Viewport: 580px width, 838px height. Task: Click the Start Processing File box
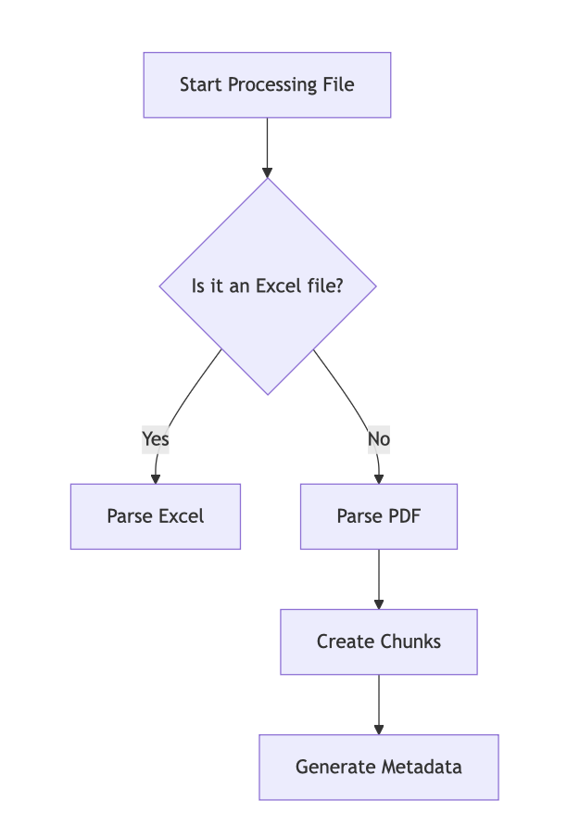[267, 85]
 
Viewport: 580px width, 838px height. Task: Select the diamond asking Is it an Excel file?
[268, 286]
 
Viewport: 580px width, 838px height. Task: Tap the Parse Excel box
[156, 516]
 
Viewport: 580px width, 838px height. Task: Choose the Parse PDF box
[379, 516]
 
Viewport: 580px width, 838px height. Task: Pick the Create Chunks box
[379, 641]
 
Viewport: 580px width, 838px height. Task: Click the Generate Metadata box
[379, 768]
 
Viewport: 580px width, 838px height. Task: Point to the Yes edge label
[156, 438]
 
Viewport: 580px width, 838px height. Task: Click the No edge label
[379, 438]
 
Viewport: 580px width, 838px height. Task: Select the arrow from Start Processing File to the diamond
[268, 146]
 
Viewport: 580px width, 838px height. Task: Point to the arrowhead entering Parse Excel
[156, 478]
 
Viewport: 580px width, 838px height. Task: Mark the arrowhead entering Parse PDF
[379, 478]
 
